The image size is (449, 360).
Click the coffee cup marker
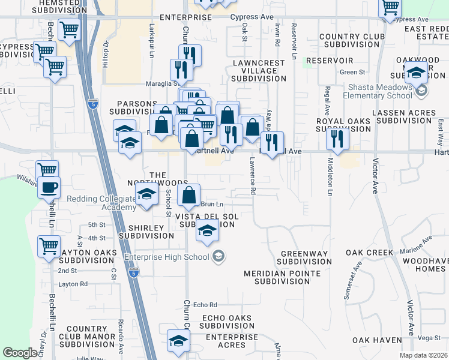(49, 187)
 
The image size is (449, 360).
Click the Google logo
(20, 353)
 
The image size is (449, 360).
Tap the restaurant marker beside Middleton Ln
(338, 139)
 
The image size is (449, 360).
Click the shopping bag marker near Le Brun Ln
(188, 194)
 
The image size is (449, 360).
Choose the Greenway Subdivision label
(305, 257)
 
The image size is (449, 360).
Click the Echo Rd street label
(205, 305)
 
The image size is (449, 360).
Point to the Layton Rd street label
(73, 284)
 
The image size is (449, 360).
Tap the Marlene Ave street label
(419, 247)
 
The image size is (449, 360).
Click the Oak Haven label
(377, 340)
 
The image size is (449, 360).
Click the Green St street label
(348, 73)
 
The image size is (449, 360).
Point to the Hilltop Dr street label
(105, 54)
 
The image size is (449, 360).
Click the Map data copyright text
(424, 355)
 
